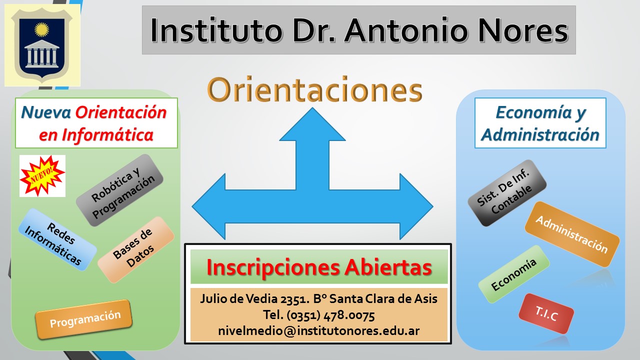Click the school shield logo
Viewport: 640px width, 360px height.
pos(42,45)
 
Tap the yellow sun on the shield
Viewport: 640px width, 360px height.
pos(41,29)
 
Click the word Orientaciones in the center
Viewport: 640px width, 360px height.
pos(314,89)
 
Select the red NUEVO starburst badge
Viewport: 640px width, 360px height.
pos(42,175)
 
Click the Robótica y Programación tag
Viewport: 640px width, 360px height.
pos(119,190)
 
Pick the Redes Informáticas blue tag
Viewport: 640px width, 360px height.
pos(57,239)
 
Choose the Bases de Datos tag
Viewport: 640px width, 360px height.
pos(136,249)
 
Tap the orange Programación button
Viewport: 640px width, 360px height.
pos(83,319)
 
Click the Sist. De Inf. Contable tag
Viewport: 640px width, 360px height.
pos(507,193)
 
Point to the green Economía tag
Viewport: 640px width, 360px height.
pos(513,274)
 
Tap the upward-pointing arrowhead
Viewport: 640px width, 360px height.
pos(312,125)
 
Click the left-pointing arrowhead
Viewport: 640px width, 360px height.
pos(209,206)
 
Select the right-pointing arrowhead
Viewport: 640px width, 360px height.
pos(416,206)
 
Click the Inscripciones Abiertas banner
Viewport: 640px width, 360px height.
pos(319,267)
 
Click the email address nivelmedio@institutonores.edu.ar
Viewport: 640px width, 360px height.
pos(319,331)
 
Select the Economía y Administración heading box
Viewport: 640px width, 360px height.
pos(540,123)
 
